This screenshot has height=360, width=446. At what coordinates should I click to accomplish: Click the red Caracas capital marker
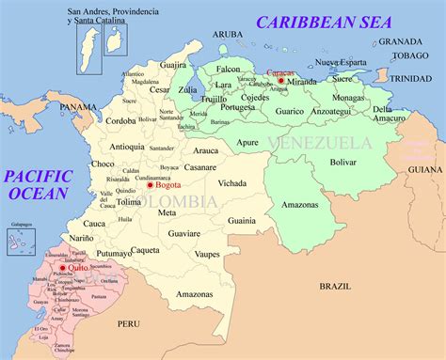280,81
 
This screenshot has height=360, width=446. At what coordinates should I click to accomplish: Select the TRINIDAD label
410,78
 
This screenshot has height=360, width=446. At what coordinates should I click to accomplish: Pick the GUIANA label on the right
424,170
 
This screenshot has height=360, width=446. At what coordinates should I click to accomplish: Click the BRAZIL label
334,285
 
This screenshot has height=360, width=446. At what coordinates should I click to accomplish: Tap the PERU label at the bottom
128,323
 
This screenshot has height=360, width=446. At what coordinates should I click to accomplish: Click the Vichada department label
231,184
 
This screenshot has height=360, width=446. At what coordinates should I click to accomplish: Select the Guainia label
242,220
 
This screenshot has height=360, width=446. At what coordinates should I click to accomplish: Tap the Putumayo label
114,254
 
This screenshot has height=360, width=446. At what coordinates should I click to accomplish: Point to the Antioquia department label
127,146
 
